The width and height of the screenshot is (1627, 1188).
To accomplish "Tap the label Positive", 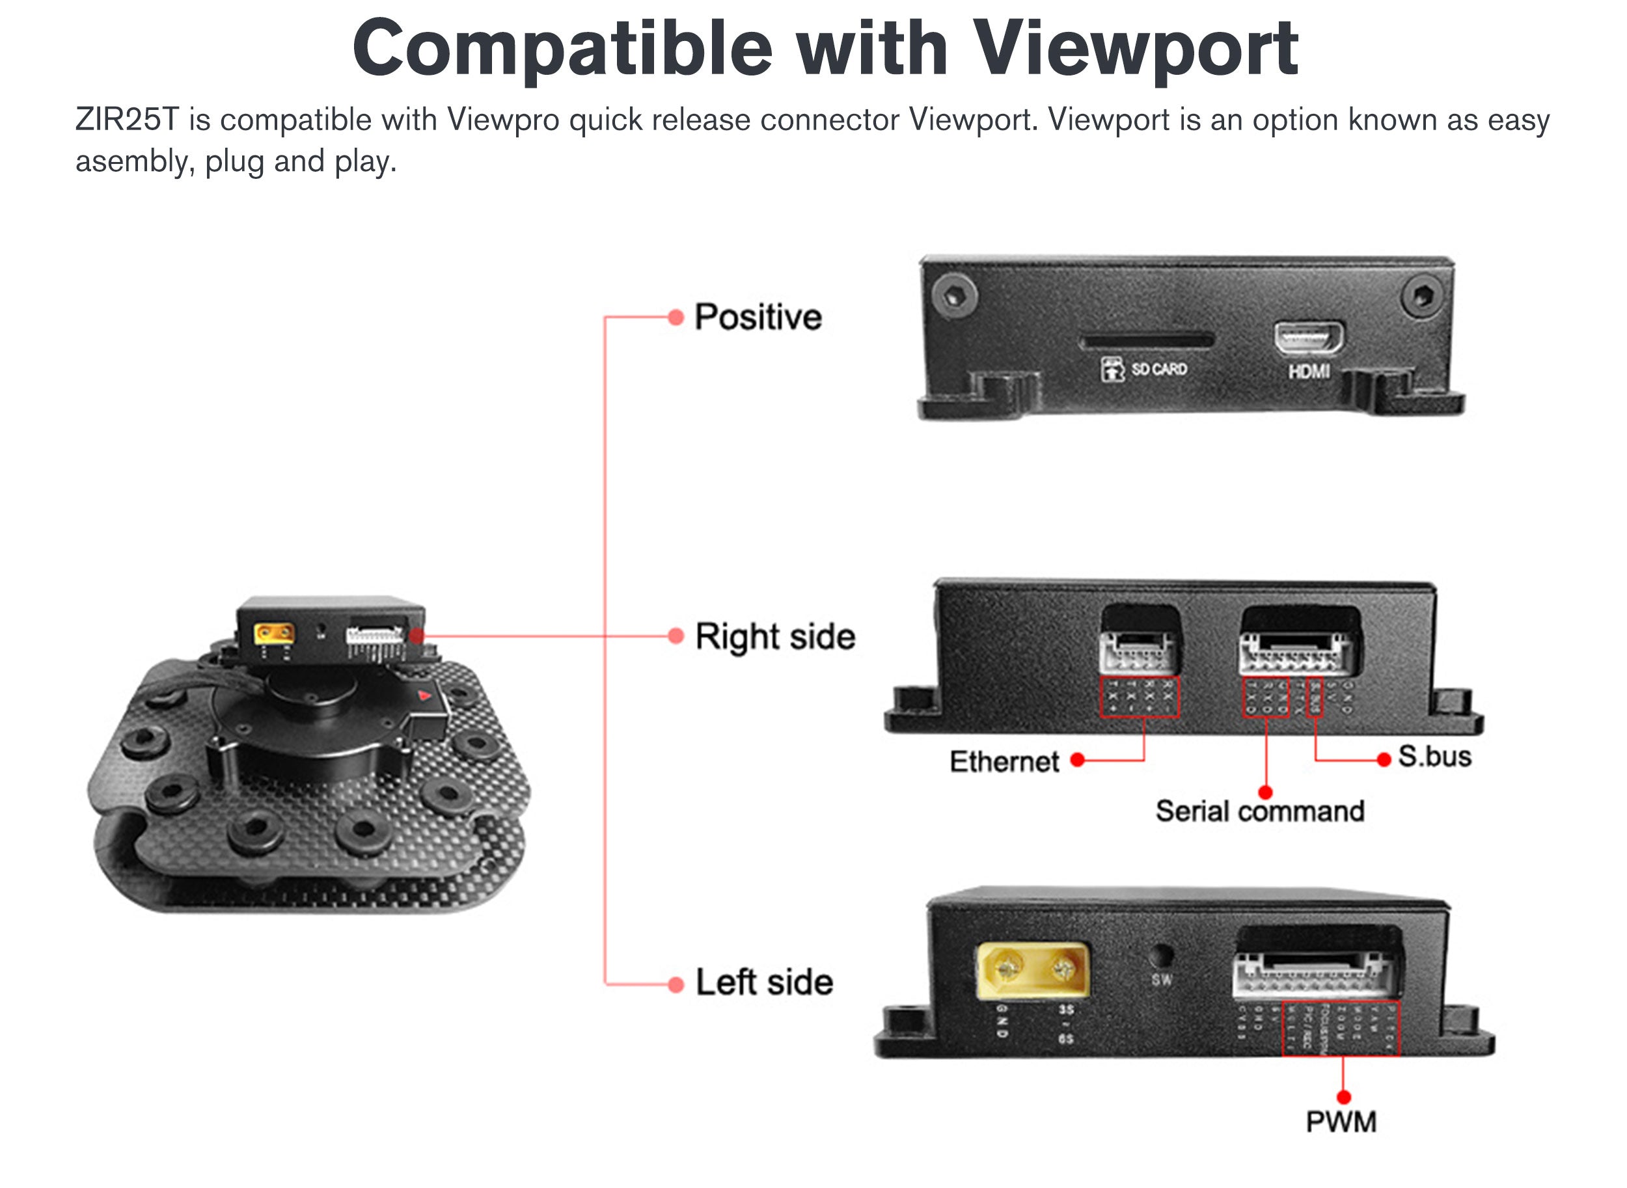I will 758,317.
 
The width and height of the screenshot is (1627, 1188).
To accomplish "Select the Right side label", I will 775,637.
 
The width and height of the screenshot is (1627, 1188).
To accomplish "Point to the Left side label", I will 765,982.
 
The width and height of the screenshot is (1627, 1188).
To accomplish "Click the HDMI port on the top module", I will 1308,338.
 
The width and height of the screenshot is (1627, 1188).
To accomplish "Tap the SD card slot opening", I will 1147,340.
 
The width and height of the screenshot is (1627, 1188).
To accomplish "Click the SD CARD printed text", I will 1159,370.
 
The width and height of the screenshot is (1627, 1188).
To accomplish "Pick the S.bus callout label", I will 1434,757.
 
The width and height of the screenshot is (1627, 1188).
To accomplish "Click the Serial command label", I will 1259,811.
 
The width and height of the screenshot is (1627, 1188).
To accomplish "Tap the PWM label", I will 1341,1122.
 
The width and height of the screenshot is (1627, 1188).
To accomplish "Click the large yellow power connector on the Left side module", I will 1032,970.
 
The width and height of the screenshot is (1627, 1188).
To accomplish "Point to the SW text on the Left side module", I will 1162,979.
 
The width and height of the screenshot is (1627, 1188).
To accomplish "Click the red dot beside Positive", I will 676,317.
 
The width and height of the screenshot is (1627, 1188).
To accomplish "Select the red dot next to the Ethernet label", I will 1077,760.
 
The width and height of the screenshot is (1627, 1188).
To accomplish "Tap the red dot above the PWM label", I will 1343,1098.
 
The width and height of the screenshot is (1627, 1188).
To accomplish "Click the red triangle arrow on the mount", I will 424,695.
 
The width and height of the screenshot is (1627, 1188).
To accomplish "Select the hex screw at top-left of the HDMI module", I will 955,295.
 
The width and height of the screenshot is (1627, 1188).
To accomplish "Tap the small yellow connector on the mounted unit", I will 273,634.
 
